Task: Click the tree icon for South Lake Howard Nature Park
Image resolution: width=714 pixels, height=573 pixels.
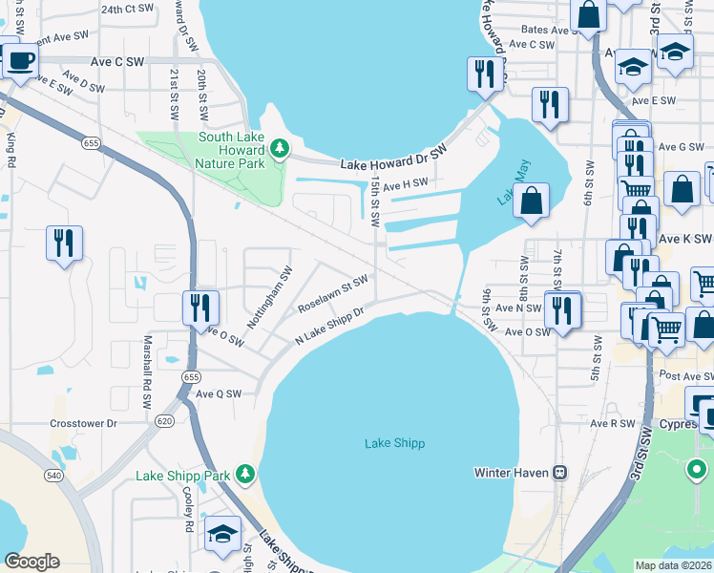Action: [279, 147]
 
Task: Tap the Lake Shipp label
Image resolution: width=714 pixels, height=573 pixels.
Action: [394, 443]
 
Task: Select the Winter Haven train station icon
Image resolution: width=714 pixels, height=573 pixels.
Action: [562, 472]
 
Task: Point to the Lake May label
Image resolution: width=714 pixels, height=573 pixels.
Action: [504, 187]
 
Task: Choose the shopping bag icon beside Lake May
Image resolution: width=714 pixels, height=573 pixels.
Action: [530, 201]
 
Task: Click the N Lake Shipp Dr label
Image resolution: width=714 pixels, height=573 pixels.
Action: [330, 326]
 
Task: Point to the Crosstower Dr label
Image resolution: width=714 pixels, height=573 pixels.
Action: [83, 422]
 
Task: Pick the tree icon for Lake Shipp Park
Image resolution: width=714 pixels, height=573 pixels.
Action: [245, 474]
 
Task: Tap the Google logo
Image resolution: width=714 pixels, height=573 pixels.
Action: [31, 562]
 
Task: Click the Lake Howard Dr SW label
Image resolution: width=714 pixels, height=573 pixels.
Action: [394, 159]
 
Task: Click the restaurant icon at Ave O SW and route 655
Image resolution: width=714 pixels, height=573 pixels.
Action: [200, 307]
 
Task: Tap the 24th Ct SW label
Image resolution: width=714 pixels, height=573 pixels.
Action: [127, 8]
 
